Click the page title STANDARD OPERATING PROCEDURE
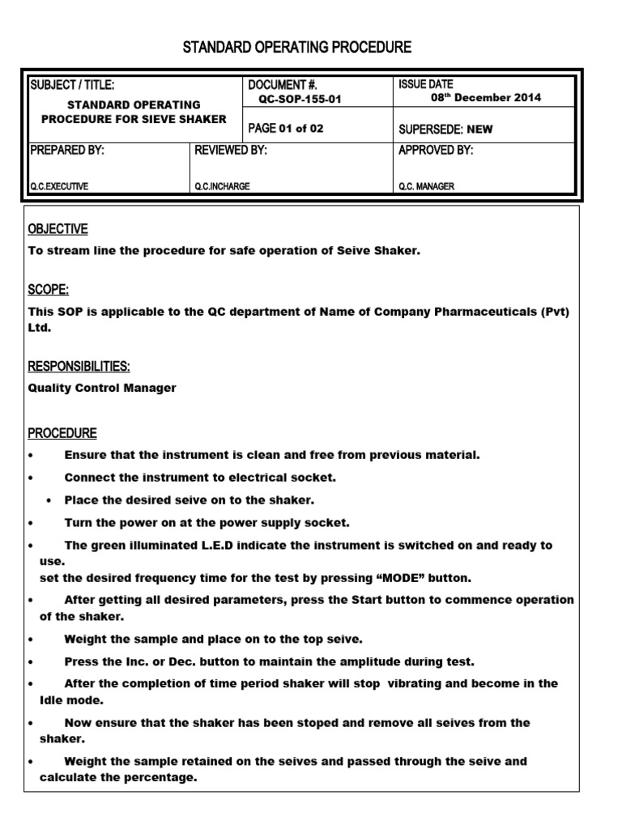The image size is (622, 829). (296, 48)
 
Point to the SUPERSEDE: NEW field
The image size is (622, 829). (445, 129)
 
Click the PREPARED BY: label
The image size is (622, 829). (66, 151)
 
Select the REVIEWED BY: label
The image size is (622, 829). (231, 151)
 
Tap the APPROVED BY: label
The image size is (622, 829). (436, 151)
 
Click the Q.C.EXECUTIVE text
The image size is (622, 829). (59, 186)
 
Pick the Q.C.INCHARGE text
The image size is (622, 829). (222, 186)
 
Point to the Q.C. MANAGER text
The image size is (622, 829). (426, 186)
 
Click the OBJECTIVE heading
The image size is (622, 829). (58, 229)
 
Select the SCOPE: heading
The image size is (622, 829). (49, 290)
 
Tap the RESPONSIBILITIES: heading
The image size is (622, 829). (79, 367)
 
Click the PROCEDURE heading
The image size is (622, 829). (62, 433)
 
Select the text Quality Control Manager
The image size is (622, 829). (102, 388)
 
